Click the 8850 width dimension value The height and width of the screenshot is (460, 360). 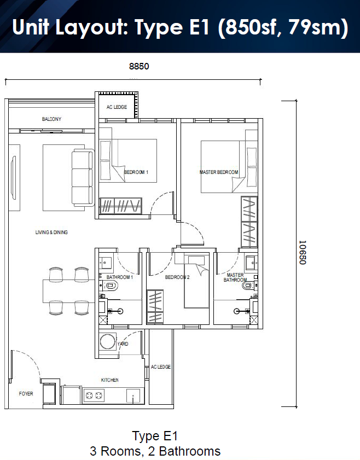[x=139, y=66]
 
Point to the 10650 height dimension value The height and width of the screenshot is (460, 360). [x=303, y=252]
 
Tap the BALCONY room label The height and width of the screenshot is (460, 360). [x=51, y=119]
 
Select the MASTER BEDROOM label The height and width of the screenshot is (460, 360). [x=219, y=172]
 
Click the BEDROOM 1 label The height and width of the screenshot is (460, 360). [x=136, y=172]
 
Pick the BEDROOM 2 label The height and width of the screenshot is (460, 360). [x=177, y=277]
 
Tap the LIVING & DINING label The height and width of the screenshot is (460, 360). [x=51, y=232]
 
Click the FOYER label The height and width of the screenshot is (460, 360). [x=26, y=394]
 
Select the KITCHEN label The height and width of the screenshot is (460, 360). [x=110, y=380]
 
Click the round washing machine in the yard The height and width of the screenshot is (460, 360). [x=108, y=341]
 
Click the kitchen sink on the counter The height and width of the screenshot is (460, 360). [x=133, y=396]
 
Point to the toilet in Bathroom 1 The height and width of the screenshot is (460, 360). [x=111, y=285]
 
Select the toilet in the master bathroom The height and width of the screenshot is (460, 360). [x=249, y=285]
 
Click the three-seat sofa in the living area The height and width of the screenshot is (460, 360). [x=83, y=177]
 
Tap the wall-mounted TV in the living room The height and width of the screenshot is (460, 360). [x=13, y=178]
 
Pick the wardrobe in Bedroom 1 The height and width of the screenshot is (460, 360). [x=120, y=206]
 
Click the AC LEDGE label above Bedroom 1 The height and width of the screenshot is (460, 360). [x=117, y=107]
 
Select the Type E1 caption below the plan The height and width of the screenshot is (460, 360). [x=155, y=436]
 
